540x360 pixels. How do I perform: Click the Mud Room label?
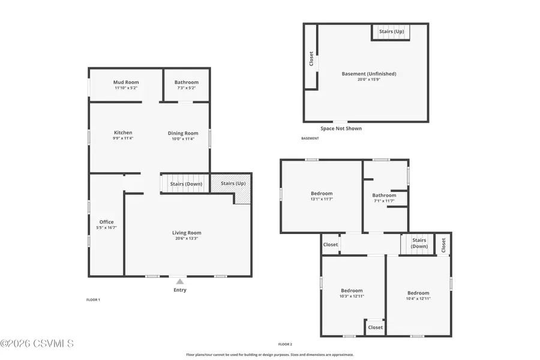pos(126,82)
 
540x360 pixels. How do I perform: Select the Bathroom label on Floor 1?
pos(187,82)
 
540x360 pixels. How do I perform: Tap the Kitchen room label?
pos(123,133)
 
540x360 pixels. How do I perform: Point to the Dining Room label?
pos(183,133)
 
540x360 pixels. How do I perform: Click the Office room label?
pos(106,222)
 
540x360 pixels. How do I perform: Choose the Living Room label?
pos(187,233)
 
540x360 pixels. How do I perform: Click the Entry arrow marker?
pos(180,281)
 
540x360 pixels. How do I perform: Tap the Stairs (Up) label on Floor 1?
pos(233,183)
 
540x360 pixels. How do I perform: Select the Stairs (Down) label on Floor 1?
pos(187,184)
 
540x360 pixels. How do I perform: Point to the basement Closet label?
pos(311,58)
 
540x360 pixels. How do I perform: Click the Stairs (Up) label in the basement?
pos(391,31)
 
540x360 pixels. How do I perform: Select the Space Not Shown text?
pos(341,128)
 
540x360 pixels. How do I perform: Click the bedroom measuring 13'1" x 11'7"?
pos(321,193)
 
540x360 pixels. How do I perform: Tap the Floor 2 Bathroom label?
pos(384,195)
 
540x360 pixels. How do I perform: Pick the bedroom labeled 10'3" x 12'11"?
pos(352,290)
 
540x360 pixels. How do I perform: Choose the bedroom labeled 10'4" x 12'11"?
pos(418,293)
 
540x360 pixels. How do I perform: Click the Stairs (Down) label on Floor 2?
pos(419,243)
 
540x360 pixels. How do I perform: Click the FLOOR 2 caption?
pos(285,344)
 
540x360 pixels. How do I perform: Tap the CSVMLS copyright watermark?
pos(37,344)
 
